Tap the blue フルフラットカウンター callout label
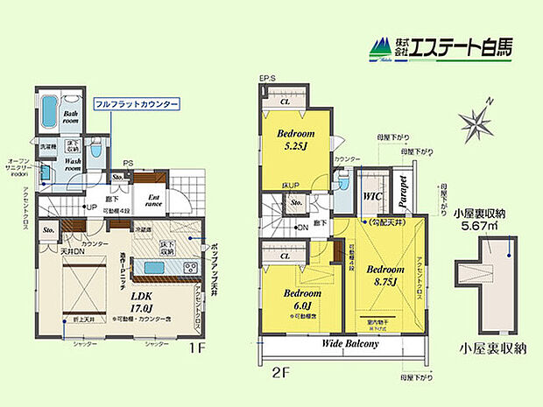coord(138,104)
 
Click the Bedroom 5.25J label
coord(297,140)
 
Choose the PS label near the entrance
coord(128,164)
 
